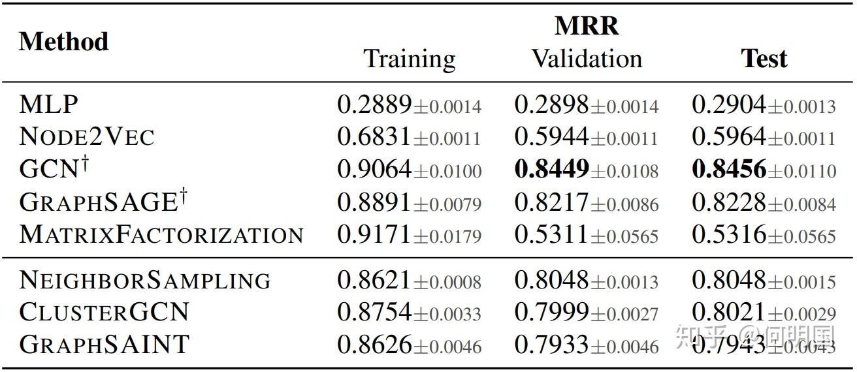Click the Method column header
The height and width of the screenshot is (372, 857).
tap(63, 41)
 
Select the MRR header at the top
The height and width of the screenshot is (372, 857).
tap(587, 26)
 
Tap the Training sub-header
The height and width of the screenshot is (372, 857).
tap(409, 59)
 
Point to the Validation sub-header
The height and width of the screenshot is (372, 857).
tap(587, 59)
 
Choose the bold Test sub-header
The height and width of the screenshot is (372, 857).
tap(764, 59)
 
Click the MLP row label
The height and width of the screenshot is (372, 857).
tap(48, 104)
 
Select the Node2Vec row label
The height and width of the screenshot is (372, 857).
tap(86, 136)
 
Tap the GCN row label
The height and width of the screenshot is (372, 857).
tap(54, 168)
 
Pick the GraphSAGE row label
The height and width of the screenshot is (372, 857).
tap(103, 201)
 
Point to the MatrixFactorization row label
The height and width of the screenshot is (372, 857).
tap(161, 234)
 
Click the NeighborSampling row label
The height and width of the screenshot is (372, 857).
tap(145, 280)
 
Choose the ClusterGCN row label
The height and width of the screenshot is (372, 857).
tap(104, 312)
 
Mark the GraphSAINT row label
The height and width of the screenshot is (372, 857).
tap(104, 344)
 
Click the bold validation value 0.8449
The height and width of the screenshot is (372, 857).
tap(551, 168)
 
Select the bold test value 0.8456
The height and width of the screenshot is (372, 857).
tap(729, 168)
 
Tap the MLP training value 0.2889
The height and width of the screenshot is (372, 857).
tap(374, 104)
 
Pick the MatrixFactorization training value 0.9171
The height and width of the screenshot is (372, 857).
tap(374, 234)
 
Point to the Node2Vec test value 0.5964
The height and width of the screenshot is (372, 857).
tap(729, 136)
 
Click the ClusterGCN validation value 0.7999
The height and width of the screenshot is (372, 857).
tap(551, 312)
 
